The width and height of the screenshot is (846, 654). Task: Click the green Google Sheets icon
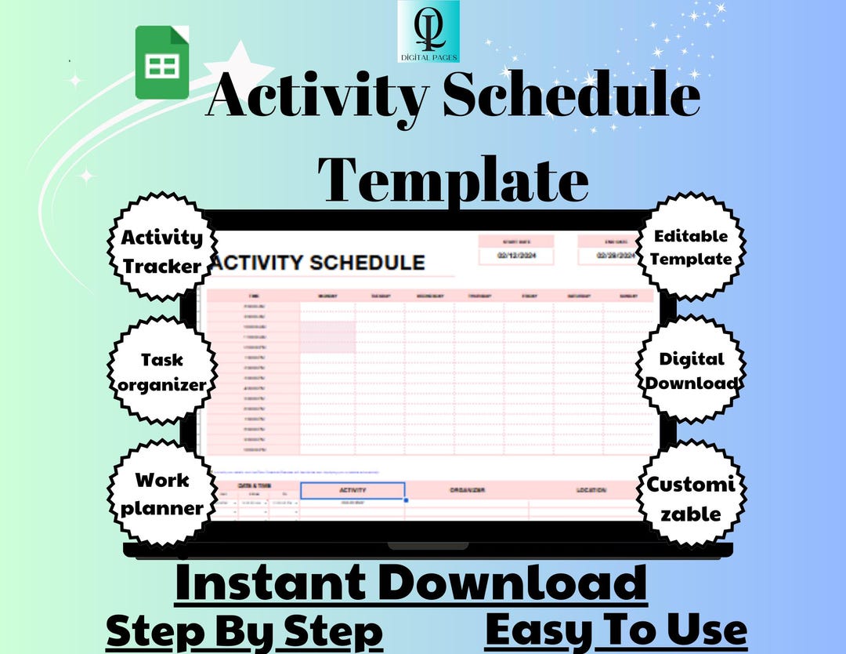[x=162, y=62]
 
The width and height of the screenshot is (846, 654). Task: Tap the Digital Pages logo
[x=428, y=31]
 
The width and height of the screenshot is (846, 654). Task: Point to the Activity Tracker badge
[x=161, y=251]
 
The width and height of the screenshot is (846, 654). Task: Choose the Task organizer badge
[x=161, y=372]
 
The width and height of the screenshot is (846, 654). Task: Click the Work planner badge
[x=161, y=493]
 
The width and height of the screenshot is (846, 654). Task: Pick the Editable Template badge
[x=691, y=247]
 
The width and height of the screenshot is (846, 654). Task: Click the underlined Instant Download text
[x=411, y=583]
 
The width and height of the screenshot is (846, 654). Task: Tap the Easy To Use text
[x=616, y=630]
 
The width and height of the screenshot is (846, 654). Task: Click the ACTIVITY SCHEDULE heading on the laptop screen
[x=319, y=263]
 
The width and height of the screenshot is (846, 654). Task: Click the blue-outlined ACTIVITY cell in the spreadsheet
[x=352, y=490]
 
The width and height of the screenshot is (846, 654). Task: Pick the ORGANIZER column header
[x=467, y=490]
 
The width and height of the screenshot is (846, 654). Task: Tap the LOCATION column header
[x=591, y=490]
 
